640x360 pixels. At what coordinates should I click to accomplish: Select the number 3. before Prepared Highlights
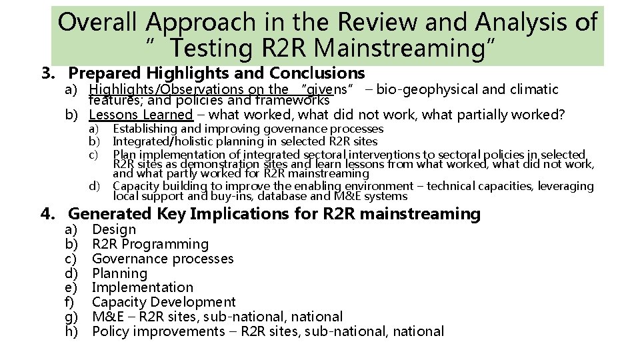pyautogui.click(x=47, y=73)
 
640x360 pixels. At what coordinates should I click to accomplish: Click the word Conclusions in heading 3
pyautogui.click(x=317, y=73)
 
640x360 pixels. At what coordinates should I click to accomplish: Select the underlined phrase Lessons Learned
pyautogui.click(x=140, y=115)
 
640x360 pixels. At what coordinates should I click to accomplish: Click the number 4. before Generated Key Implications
pyautogui.click(x=47, y=214)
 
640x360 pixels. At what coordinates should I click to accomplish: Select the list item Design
pyautogui.click(x=114, y=229)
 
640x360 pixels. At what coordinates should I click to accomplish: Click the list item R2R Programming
pyautogui.click(x=150, y=244)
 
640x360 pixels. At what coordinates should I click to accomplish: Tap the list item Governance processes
pyautogui.click(x=163, y=259)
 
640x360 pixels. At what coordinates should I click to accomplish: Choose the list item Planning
pyautogui.click(x=119, y=273)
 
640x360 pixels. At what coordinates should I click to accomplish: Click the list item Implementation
pyautogui.click(x=142, y=287)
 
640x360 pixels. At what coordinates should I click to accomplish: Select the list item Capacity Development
pyautogui.click(x=163, y=302)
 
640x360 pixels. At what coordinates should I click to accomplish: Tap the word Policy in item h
pyautogui.click(x=111, y=331)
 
